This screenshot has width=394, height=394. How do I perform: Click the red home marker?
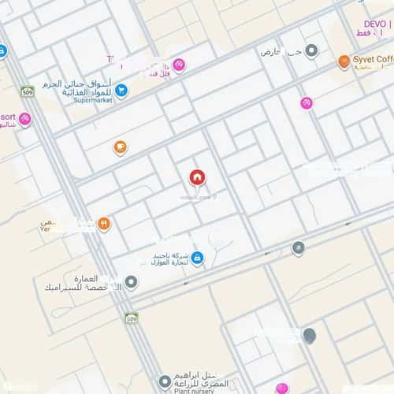195,177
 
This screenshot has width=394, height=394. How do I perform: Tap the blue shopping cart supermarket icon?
121,90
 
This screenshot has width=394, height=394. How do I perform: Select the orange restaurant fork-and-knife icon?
104,224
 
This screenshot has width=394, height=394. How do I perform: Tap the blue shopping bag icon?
196,257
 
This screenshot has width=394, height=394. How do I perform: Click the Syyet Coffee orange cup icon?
344,61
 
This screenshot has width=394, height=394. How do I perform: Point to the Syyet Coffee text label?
374,60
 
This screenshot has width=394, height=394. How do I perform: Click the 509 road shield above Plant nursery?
132,318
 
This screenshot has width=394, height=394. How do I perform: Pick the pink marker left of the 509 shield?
25,120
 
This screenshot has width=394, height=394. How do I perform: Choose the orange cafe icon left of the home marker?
120,146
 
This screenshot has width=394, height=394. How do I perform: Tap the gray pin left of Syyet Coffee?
312,51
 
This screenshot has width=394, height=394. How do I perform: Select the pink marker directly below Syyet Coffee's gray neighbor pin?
306,102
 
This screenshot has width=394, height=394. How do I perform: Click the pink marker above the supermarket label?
179,65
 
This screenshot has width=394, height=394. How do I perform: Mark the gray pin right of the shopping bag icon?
298,248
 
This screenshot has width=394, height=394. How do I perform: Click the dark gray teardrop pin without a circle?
310,336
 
